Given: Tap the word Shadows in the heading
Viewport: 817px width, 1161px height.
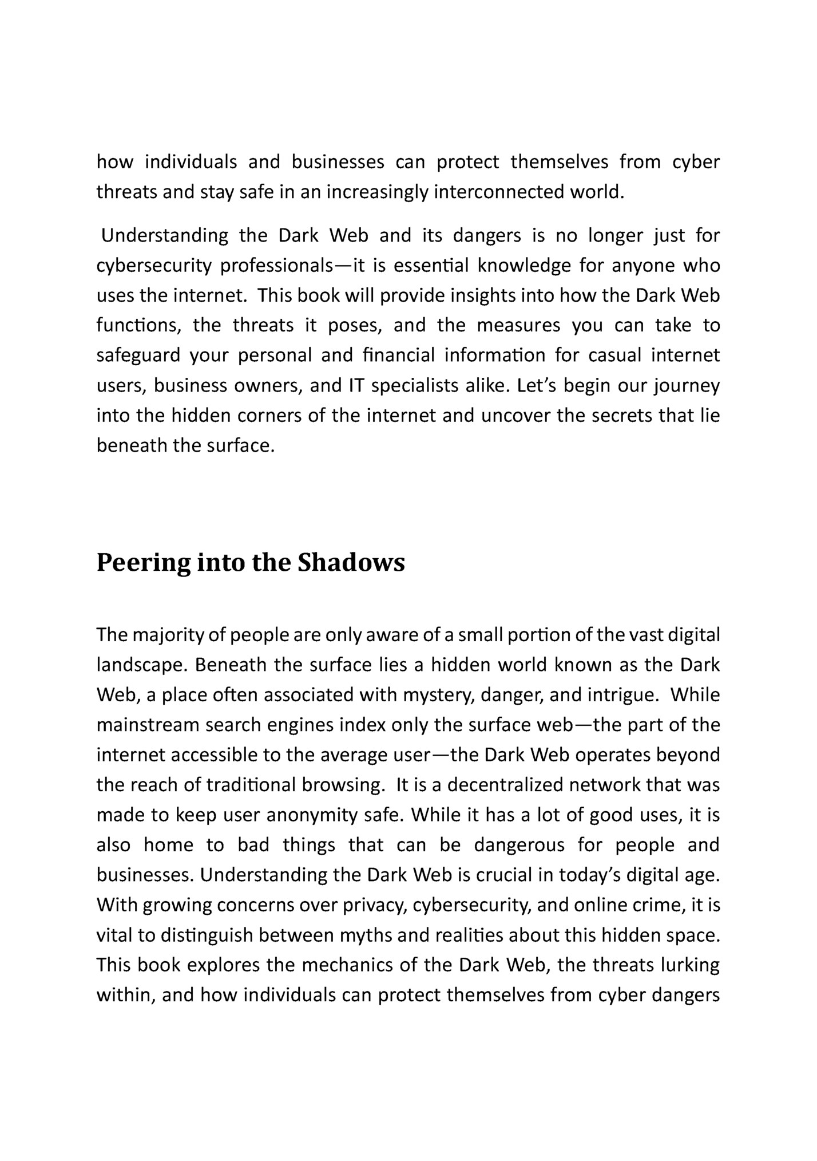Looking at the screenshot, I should tap(351, 563).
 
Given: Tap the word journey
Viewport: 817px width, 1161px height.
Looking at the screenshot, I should tap(687, 385).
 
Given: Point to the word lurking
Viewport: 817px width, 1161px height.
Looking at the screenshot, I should tap(690, 965).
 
